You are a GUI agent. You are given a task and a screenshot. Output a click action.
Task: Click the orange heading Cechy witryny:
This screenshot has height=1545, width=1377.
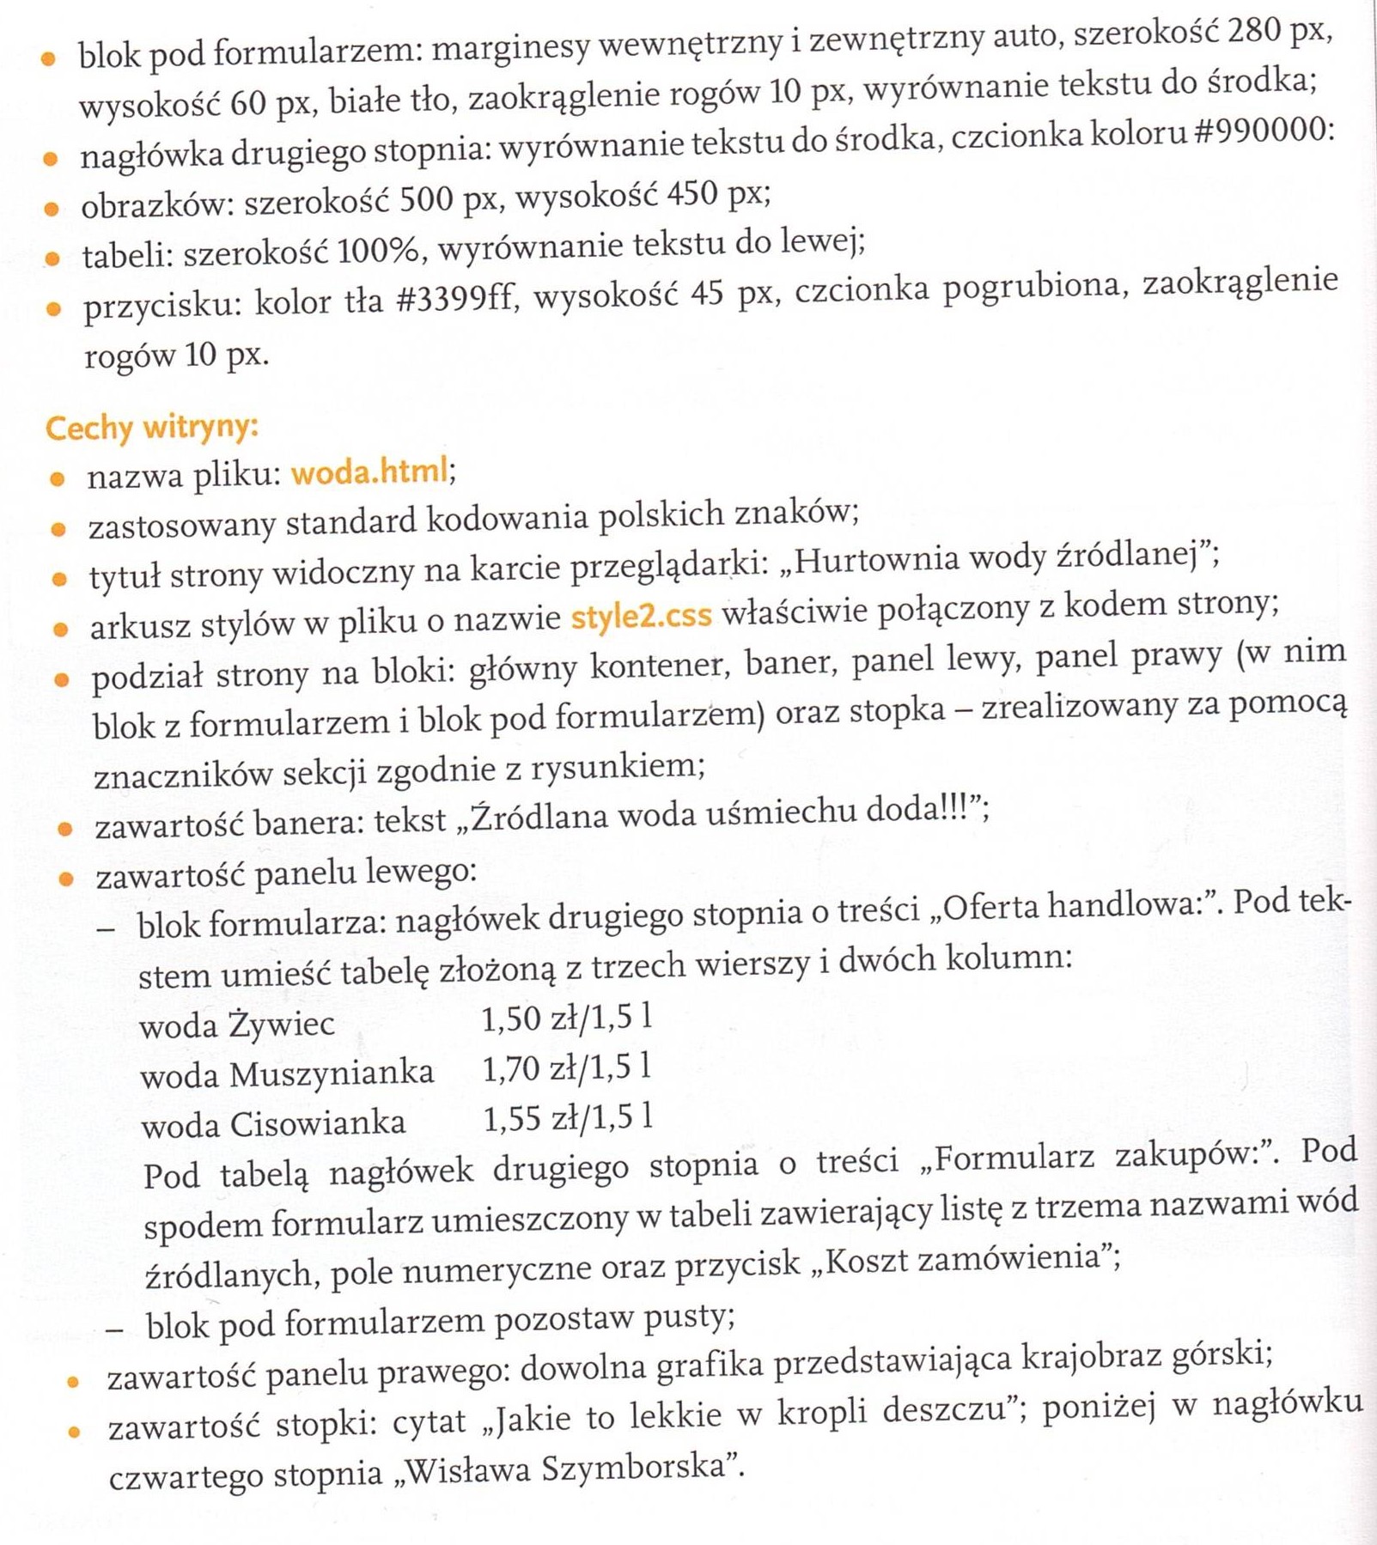coord(151,427)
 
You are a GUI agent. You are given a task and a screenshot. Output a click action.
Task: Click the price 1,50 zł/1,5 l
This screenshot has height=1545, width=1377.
coord(566,1019)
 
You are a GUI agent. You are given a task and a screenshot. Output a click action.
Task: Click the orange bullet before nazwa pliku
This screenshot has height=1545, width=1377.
coord(57,479)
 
